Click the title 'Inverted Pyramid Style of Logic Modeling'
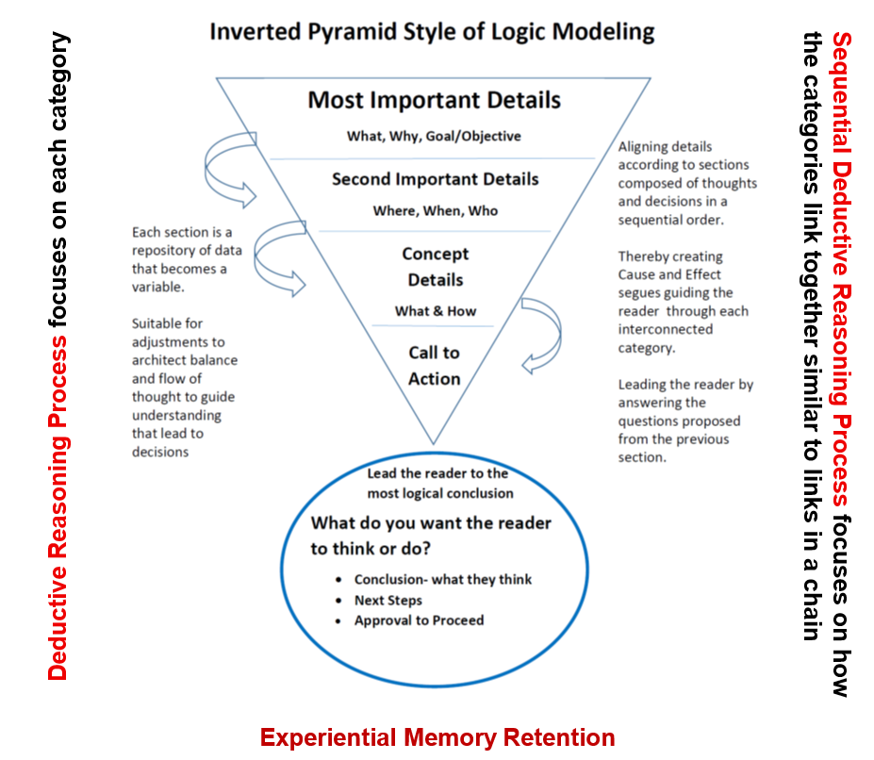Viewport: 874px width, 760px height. coord(432,31)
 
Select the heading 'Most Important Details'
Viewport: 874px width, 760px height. coord(434,100)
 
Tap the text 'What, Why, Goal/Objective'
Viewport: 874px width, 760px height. coord(434,136)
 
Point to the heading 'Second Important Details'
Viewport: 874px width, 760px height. coord(435,179)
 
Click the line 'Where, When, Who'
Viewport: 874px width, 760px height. coord(435,210)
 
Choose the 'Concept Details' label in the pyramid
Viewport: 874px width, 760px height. coord(435,267)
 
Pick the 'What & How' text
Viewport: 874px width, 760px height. coord(435,311)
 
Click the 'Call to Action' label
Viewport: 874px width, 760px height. coord(435,366)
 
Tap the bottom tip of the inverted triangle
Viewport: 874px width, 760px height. coord(434,442)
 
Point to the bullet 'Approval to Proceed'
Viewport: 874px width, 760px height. coord(419,620)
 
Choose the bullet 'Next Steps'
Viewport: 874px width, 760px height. coord(388,600)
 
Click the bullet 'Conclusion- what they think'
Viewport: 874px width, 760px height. coord(442,579)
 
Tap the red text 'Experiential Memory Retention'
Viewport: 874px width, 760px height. coord(437,737)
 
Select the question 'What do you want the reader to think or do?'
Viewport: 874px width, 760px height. coord(431,535)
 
